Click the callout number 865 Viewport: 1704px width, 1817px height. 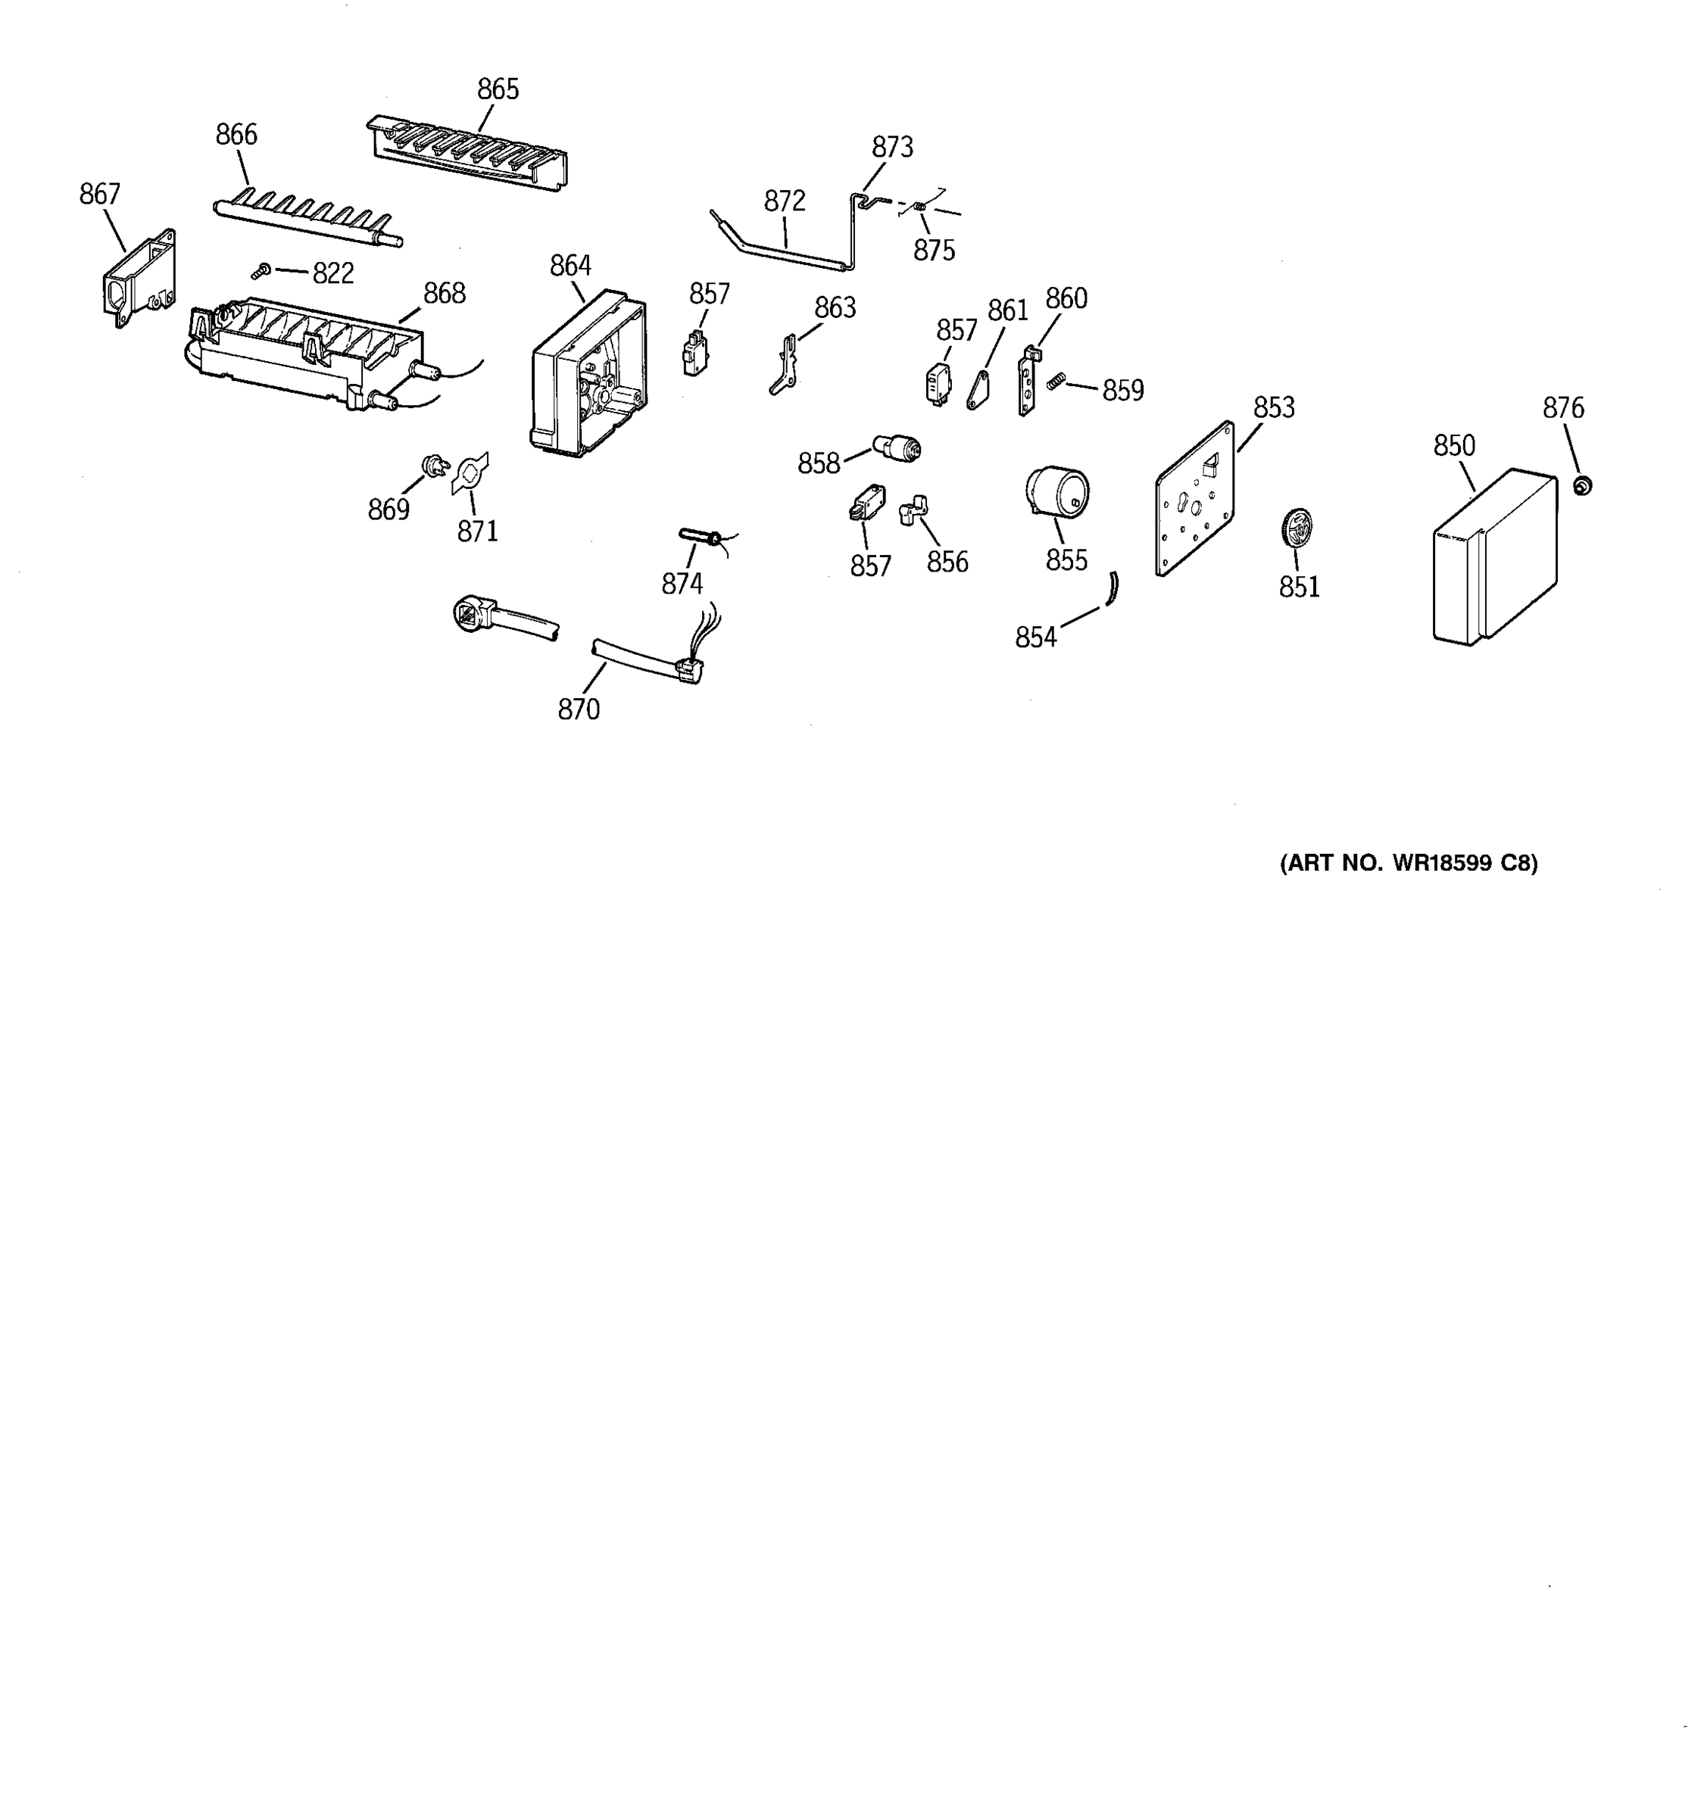[x=498, y=89]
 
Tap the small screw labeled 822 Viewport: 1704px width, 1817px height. [x=261, y=272]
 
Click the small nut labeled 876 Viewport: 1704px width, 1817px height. [x=1581, y=485]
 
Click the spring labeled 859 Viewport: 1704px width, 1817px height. [x=1056, y=381]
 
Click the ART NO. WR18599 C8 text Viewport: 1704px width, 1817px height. [x=1408, y=863]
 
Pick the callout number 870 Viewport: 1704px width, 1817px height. [x=579, y=709]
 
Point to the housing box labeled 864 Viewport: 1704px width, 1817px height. [x=588, y=376]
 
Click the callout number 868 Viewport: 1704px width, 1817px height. [x=445, y=294]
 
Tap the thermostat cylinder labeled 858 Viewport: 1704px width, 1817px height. [x=897, y=447]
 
